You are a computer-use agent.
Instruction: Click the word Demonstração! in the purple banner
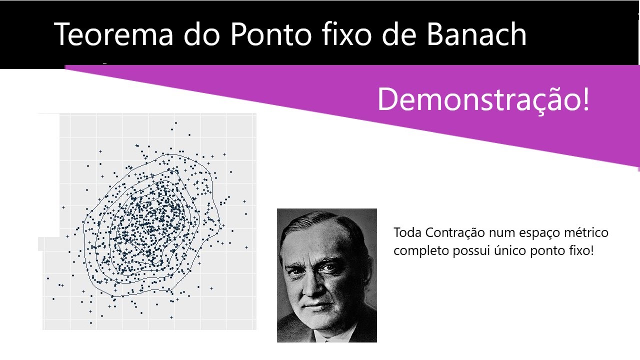pyautogui.click(x=483, y=99)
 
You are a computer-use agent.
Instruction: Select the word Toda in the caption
pyautogui.click(x=406, y=233)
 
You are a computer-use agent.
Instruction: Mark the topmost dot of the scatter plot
pyautogui.click(x=175, y=122)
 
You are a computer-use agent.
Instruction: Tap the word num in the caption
pyautogui.click(x=496, y=233)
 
